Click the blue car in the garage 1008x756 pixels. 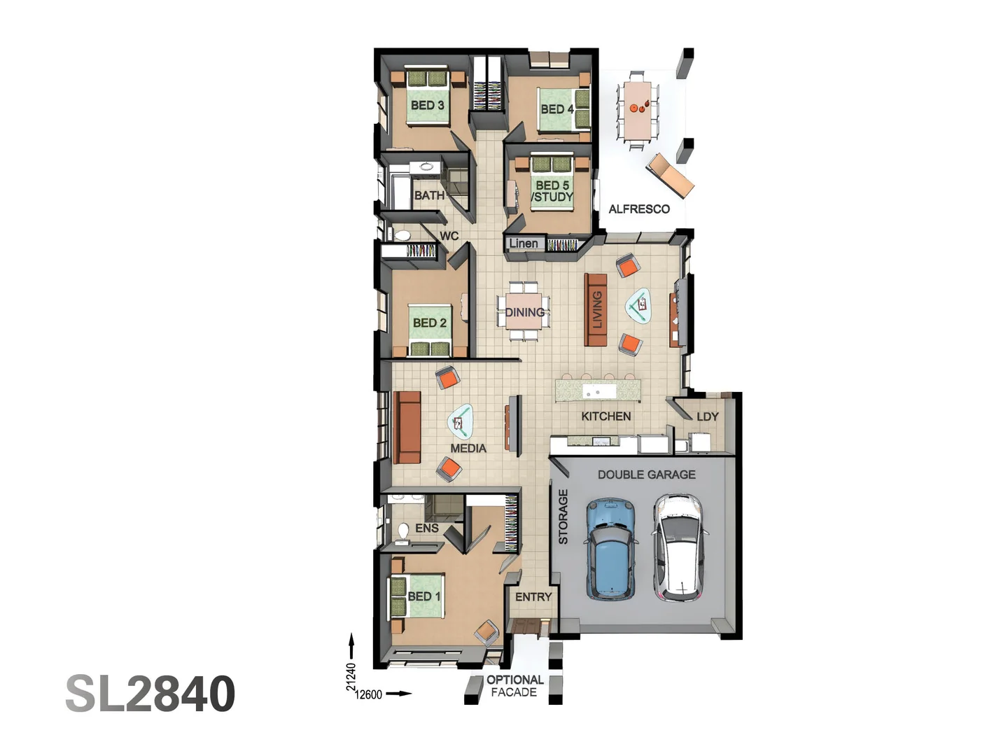pyautogui.click(x=611, y=549)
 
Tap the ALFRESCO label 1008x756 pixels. pyautogui.click(x=638, y=209)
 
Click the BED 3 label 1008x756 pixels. pyautogui.click(x=427, y=105)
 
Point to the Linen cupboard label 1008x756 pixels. pyautogui.click(x=524, y=244)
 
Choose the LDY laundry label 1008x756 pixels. pyautogui.click(x=707, y=416)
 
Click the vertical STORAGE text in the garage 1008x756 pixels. pyautogui.click(x=563, y=517)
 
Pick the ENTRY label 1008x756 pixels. pyautogui.click(x=533, y=597)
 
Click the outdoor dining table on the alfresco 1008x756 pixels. pyautogui.click(x=637, y=110)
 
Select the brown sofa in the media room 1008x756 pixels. pyautogui.click(x=407, y=427)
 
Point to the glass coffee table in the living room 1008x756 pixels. pyautogui.click(x=638, y=305)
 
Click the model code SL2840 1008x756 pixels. pyautogui.click(x=150, y=694)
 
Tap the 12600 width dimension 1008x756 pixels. pyautogui.click(x=369, y=694)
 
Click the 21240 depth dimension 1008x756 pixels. pyautogui.click(x=351, y=676)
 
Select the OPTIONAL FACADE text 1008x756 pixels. pyautogui.click(x=514, y=686)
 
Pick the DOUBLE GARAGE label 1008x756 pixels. pyautogui.click(x=646, y=475)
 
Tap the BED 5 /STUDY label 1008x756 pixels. pyautogui.click(x=552, y=191)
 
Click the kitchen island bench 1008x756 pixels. pyautogui.click(x=598, y=391)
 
